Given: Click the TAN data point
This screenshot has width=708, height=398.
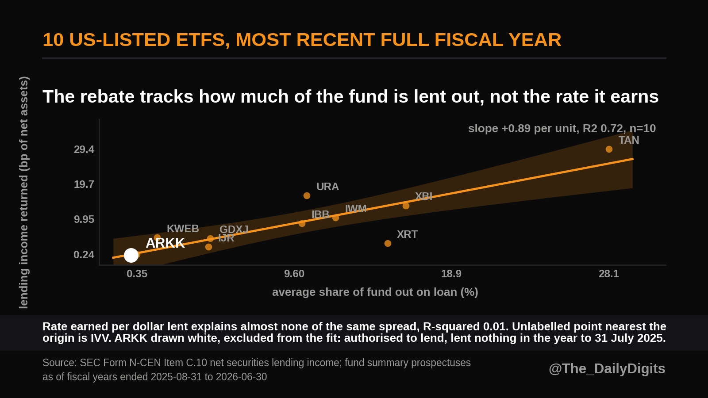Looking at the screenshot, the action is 609,149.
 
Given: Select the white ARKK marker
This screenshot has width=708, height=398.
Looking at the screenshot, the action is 131,255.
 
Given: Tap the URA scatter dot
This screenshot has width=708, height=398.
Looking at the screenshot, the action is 307,196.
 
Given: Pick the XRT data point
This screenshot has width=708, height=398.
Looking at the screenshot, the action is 388,243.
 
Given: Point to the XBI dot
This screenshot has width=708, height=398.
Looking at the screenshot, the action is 406,206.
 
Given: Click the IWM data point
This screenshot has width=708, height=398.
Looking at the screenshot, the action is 336,218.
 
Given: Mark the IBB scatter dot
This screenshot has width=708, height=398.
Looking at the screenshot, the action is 302,223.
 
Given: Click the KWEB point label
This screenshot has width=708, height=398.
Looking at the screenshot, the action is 183,228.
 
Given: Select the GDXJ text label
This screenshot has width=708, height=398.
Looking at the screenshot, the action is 234,230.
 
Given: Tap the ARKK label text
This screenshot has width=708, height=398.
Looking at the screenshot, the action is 165,243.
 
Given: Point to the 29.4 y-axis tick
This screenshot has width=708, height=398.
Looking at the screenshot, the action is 84,149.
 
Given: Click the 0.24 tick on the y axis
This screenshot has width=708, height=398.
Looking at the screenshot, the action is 84,255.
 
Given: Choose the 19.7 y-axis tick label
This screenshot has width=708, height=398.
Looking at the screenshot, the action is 84,184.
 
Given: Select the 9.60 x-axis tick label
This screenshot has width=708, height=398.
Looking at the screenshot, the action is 294,274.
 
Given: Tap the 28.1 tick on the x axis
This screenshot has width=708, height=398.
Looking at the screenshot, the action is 609,274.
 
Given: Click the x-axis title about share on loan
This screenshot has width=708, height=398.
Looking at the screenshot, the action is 375,292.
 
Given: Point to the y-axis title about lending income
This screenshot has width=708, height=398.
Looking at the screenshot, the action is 24,192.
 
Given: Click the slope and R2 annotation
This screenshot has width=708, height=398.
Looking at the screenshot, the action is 562,129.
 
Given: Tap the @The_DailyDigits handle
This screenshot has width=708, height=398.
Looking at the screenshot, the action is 607,369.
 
